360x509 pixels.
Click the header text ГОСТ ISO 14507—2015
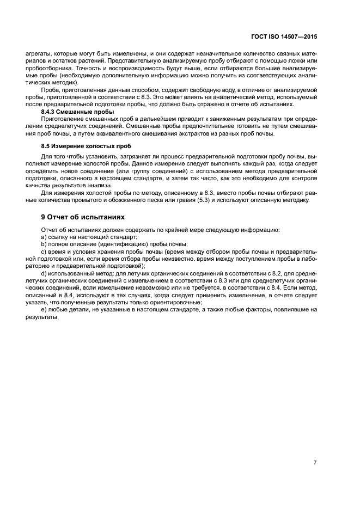tap(286, 37)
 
